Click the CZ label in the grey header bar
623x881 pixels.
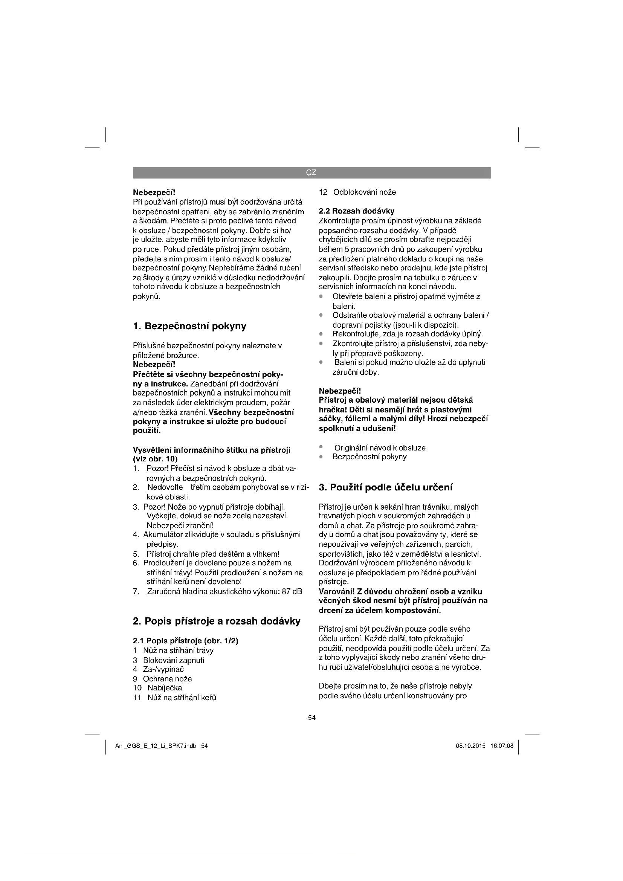click(311, 173)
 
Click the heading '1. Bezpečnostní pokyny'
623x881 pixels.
click(189, 326)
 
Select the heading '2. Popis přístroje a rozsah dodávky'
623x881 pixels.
click(216, 621)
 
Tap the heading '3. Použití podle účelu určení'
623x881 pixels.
click(386, 487)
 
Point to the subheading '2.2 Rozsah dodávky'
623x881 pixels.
click(356, 211)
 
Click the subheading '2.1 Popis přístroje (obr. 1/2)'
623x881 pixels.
click(186, 641)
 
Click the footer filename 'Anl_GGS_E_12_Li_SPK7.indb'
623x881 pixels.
click(156, 746)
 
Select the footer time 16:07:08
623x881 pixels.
click(502, 746)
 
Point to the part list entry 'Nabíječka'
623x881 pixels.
click(165, 688)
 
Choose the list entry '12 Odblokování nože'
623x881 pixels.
click(357, 192)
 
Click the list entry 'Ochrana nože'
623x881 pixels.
click(167, 678)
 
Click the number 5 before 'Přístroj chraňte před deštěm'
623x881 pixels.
click(136, 554)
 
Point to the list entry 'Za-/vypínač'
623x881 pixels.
click(163, 669)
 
